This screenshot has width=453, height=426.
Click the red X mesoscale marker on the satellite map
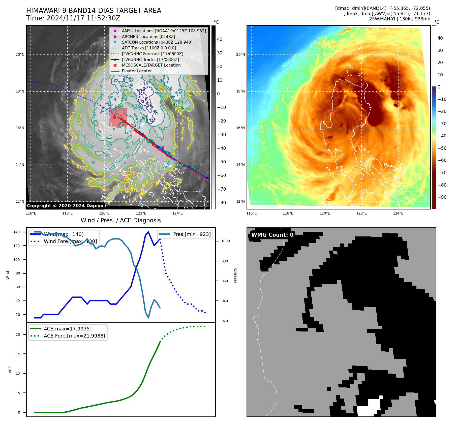114,117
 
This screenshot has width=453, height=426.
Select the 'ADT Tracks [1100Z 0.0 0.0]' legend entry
149,48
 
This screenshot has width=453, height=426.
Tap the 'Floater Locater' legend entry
137,71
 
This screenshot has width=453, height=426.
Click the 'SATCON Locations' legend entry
157,42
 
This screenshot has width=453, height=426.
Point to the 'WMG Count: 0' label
272,235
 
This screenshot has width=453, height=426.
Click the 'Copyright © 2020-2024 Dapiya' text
65,206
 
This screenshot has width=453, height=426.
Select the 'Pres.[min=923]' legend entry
192,234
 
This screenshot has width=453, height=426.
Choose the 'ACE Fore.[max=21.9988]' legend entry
74,336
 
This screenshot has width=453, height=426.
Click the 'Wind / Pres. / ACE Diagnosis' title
120,220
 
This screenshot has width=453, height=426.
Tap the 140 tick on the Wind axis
16,232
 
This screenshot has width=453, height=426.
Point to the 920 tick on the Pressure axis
224,321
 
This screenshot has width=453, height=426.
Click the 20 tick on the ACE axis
18,334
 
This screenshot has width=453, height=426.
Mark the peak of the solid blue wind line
148,232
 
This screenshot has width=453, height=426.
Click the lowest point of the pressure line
148,318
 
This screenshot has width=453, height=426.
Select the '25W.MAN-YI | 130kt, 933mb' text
400,19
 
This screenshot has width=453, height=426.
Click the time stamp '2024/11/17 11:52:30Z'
83,18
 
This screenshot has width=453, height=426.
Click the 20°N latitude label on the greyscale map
20,54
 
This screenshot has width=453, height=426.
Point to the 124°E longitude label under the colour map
398,213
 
